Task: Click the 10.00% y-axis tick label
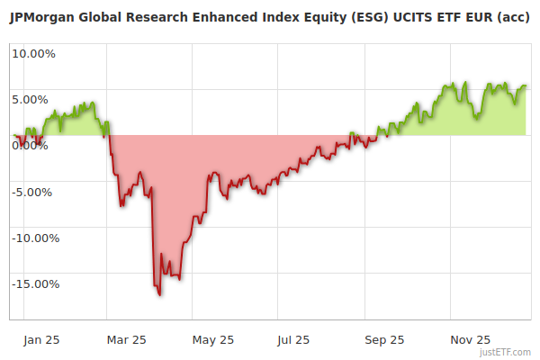33,53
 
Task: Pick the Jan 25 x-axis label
42,339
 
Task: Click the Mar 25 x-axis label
126,339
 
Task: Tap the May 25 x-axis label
213,339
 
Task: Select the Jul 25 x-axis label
294,339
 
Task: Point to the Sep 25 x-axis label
385,339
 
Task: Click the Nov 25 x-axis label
471,339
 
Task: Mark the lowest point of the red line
159,295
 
